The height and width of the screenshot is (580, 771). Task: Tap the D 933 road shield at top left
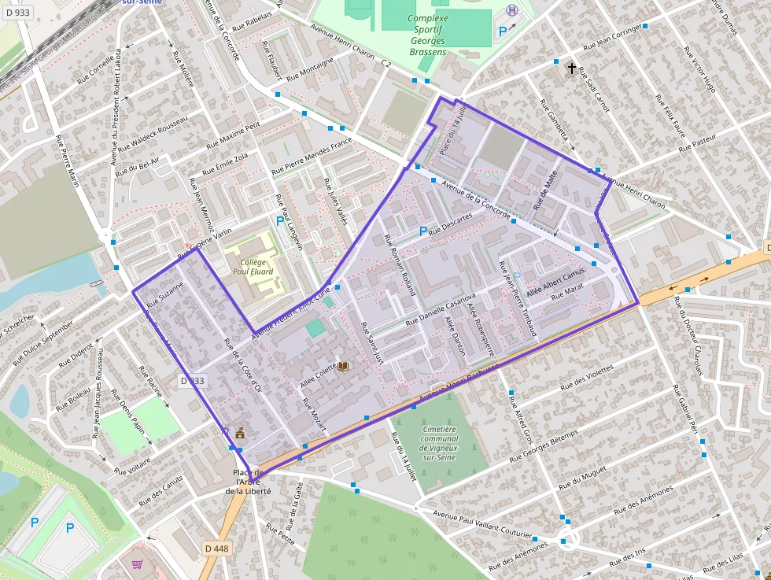click(x=17, y=13)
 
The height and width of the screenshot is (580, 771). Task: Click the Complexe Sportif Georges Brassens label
click(x=428, y=35)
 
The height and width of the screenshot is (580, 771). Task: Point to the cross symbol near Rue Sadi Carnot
click(x=572, y=68)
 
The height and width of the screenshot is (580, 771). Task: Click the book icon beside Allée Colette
click(x=343, y=366)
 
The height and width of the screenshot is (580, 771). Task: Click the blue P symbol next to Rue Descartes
click(x=423, y=231)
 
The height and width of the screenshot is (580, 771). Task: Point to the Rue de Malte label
click(x=545, y=189)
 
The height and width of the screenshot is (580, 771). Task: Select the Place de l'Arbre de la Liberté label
click(x=249, y=481)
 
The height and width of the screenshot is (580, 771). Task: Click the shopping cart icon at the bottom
click(x=138, y=564)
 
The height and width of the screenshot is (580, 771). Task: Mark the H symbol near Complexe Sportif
click(x=512, y=10)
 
